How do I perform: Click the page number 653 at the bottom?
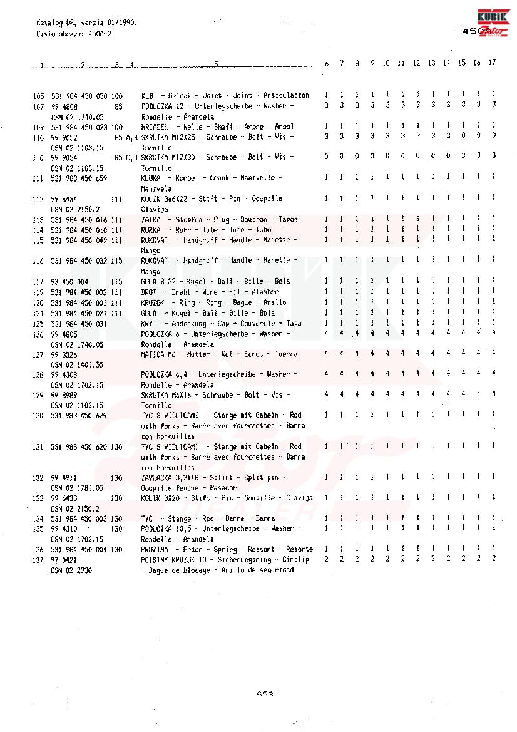click(265, 694)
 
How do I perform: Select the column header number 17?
click(493, 63)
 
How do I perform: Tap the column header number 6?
click(327, 63)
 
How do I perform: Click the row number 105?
click(38, 96)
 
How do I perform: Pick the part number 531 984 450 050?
click(79, 96)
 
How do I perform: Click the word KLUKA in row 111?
click(151, 178)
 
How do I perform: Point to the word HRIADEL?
click(155, 126)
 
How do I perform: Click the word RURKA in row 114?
click(151, 230)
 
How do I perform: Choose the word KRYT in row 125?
click(149, 323)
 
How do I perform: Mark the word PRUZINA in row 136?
click(155, 549)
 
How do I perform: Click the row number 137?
click(38, 559)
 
